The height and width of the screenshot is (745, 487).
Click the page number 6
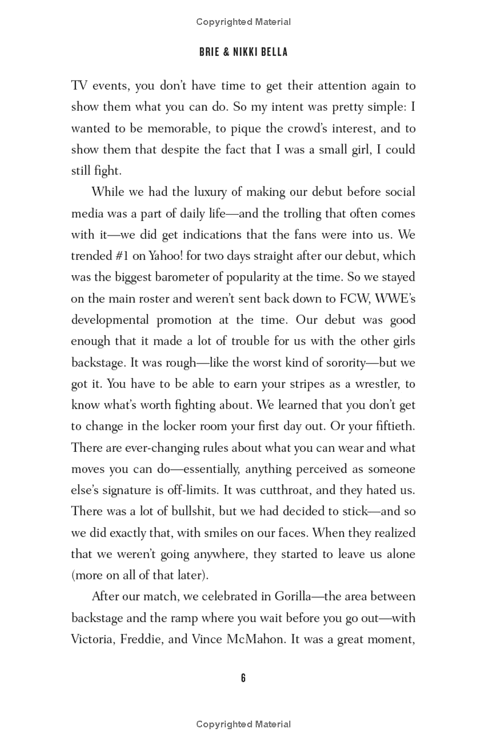tap(243, 678)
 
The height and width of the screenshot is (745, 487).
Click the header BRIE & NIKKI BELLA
tap(243, 52)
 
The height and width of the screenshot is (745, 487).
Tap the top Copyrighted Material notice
tap(243, 22)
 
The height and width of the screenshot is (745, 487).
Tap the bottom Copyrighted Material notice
tap(243, 724)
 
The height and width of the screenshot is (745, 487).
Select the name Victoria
tap(94, 639)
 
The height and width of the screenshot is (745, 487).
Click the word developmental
tap(110, 320)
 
